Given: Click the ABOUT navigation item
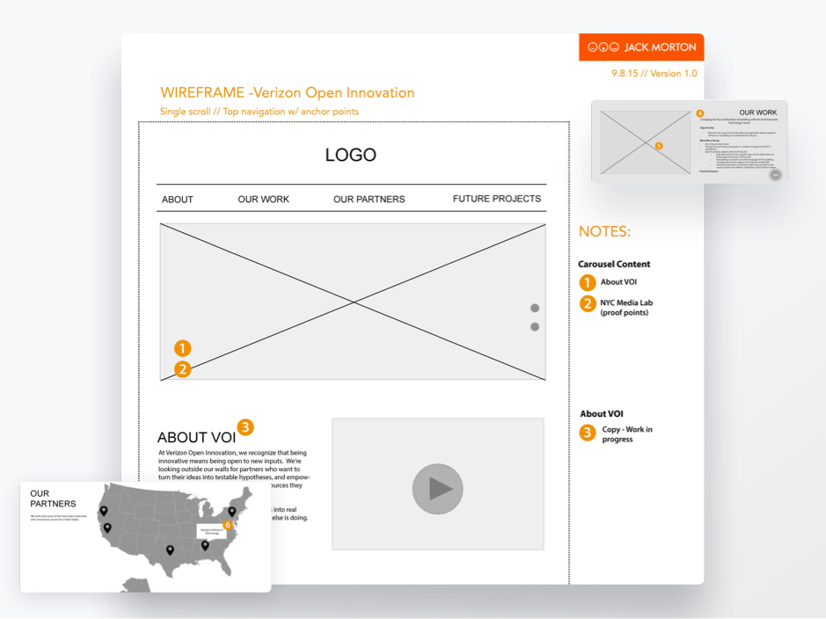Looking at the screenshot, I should point(177,200).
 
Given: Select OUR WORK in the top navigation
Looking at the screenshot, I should point(263,200).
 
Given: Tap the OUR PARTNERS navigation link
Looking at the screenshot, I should point(369,200).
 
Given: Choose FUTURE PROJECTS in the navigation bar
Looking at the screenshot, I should point(496,199).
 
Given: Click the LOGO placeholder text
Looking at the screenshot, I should point(350,156).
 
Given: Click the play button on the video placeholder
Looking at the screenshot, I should point(437,488).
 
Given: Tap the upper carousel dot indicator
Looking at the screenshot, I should point(534,308).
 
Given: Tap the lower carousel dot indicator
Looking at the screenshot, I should point(534,327).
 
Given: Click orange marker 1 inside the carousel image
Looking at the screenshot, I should point(182,349).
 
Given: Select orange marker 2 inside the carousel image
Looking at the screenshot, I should point(182,369).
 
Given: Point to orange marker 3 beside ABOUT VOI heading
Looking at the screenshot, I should point(245,427).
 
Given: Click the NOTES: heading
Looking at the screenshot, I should point(604,232).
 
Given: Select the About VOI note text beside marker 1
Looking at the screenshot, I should point(618,282).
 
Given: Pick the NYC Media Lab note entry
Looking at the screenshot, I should point(626,308).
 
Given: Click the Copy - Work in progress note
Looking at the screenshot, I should point(626,434).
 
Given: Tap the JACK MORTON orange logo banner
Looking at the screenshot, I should point(641,47).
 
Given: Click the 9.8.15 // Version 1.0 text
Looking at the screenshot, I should point(654,74).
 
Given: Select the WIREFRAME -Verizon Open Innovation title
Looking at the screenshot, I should point(287,93).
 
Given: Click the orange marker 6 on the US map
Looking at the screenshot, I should point(228,525).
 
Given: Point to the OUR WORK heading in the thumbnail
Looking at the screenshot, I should point(757,113).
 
